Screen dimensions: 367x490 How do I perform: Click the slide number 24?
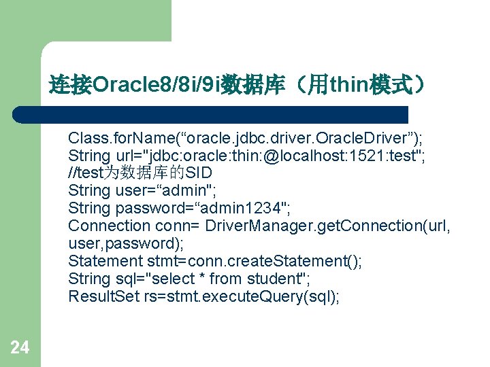[x=20, y=348]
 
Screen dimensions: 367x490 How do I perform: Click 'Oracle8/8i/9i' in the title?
[x=155, y=86]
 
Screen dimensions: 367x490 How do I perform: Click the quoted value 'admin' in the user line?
[x=180, y=191]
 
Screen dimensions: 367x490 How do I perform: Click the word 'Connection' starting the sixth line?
[x=109, y=226]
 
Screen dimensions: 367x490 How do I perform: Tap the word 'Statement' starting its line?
[x=105, y=262]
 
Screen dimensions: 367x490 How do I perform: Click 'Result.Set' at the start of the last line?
[x=103, y=297]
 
